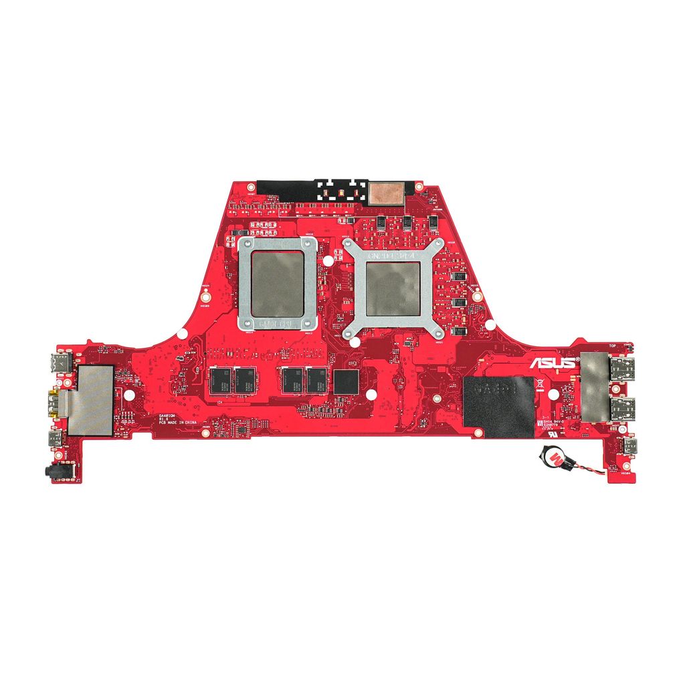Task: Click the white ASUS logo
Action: [x=553, y=363]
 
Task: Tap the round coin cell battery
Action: [x=555, y=458]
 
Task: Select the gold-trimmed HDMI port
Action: [x=54, y=404]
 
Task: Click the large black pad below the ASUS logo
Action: [x=498, y=405]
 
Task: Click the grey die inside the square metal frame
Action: [x=277, y=284]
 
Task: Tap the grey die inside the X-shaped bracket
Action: [x=392, y=288]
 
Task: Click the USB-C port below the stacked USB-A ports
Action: [x=629, y=446]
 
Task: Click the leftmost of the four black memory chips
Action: [x=219, y=380]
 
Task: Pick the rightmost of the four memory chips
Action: [x=315, y=380]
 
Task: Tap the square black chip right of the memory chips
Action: [x=345, y=381]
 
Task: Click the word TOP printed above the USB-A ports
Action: [x=612, y=346]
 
